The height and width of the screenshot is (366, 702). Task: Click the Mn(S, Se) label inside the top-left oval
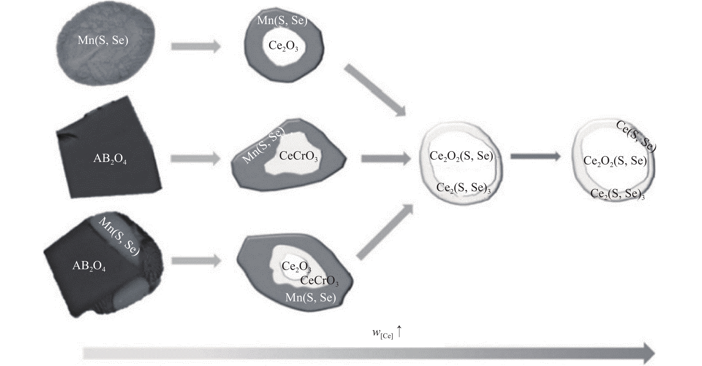[103, 40]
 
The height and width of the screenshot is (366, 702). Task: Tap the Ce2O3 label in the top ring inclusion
[283, 46]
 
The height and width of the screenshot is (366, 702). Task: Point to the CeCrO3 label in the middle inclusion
[298, 156]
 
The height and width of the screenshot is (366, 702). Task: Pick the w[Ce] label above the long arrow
[382, 333]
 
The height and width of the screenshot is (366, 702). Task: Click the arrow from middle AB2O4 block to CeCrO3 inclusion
[195, 158]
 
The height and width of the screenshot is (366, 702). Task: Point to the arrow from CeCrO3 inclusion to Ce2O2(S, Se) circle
[386, 158]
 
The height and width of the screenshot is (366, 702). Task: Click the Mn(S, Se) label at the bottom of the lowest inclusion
[310, 297]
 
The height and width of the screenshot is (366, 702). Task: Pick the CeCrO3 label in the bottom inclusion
[319, 280]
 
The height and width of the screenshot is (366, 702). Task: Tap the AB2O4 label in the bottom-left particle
[89, 266]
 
